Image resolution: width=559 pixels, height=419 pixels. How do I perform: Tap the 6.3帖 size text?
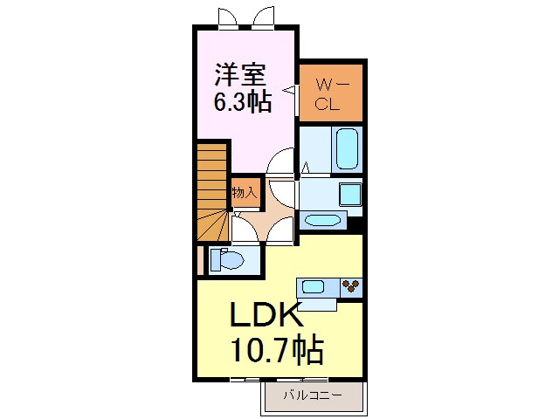[243, 101]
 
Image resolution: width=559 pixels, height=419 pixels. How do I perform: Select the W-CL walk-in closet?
[330, 93]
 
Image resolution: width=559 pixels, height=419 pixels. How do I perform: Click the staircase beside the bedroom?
[212, 192]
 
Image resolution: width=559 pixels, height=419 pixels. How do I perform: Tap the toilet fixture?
[228, 259]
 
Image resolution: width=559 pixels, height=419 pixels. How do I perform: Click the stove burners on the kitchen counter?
[352, 285]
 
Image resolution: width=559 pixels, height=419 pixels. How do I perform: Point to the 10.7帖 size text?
[276, 351]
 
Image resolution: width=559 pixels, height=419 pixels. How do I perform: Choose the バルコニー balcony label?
[311, 395]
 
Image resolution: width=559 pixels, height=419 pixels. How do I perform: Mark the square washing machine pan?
[351, 194]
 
